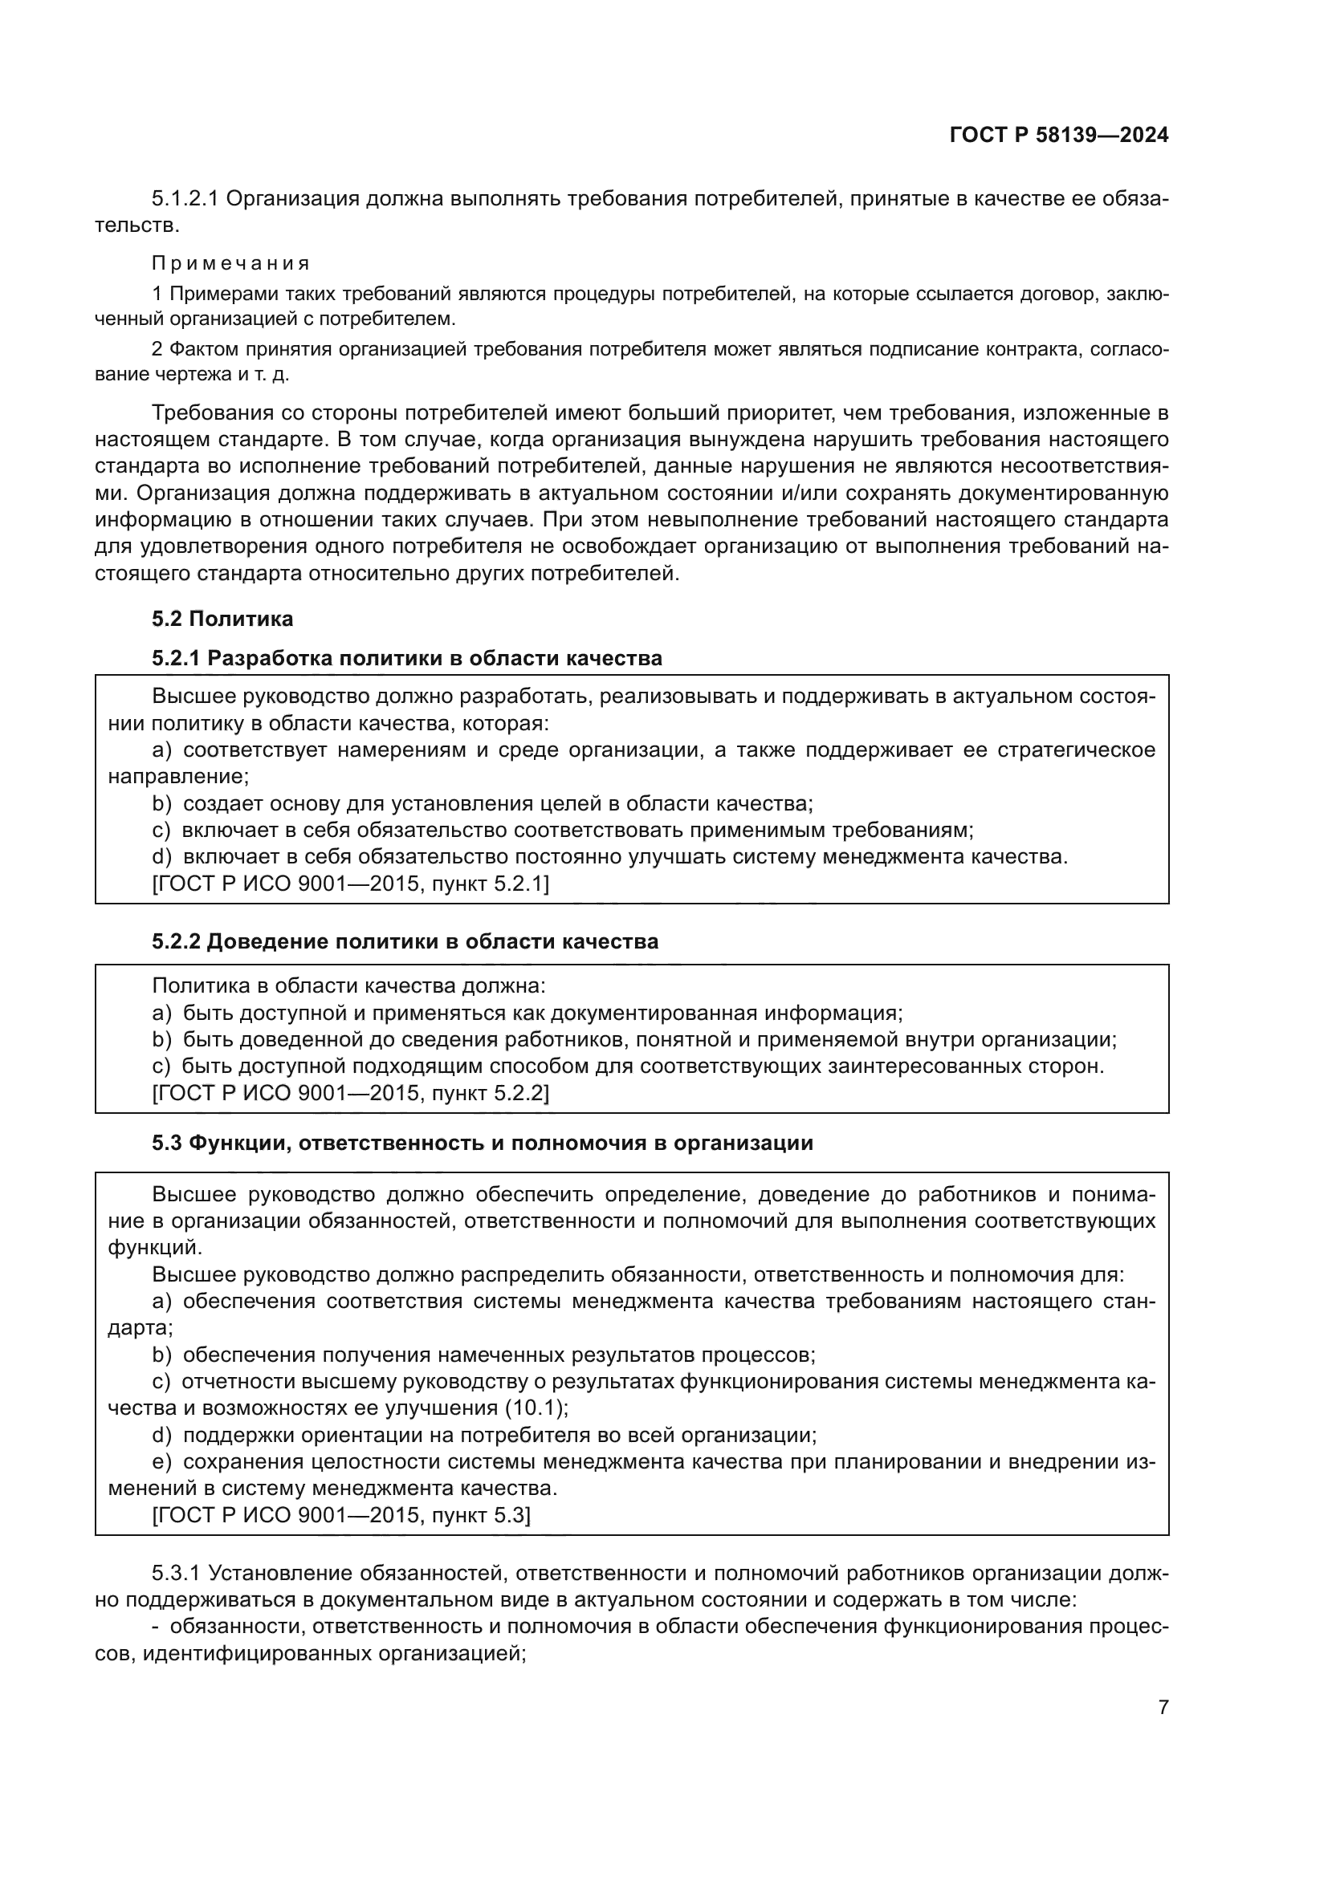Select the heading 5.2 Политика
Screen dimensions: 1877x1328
coord(222,619)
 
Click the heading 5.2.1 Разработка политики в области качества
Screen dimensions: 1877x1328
coord(406,658)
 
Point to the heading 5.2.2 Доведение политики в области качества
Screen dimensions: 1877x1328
coord(405,942)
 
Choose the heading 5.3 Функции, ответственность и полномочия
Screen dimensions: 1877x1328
coord(482,1143)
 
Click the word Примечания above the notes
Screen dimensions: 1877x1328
coord(230,263)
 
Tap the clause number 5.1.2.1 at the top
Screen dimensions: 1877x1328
coord(185,199)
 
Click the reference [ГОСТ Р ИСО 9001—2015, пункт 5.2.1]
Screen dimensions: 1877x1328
coord(351,884)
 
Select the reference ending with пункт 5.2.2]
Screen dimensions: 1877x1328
coord(351,1093)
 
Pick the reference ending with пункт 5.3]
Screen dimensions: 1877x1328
coord(341,1516)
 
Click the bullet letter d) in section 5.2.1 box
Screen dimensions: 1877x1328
coord(162,857)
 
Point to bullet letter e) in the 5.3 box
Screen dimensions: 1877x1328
coord(162,1461)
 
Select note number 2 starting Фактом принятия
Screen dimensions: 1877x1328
coord(157,349)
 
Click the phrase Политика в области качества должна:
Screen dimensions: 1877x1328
coord(348,986)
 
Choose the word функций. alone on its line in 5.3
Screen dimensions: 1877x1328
coord(154,1248)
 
